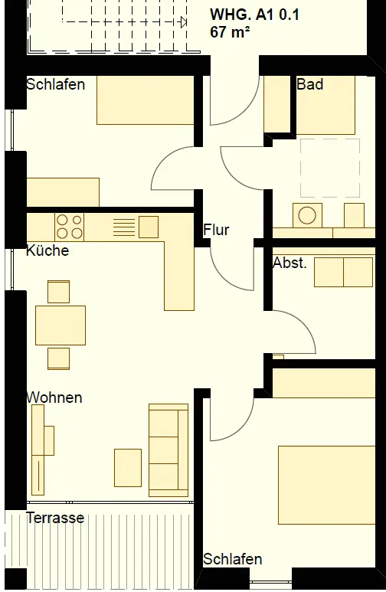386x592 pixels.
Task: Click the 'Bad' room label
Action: tap(309, 83)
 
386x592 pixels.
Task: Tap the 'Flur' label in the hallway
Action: tap(216, 230)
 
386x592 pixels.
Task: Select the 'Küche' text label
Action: tap(47, 250)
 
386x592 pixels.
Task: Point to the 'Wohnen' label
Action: tap(54, 397)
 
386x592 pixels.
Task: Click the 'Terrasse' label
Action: tap(55, 517)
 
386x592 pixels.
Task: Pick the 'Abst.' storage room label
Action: tap(289, 263)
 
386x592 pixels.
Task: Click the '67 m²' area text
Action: tap(230, 31)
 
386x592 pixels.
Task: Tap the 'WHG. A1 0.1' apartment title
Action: tap(254, 15)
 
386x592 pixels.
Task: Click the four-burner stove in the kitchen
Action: tap(69, 227)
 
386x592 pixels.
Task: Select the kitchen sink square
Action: tap(149, 227)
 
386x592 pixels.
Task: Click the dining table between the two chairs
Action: tap(61, 325)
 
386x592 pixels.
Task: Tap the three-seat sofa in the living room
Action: tap(168, 450)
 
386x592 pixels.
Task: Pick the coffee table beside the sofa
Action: tap(128, 468)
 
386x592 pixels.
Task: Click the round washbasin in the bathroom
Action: tap(307, 215)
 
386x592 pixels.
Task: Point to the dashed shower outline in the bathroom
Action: tap(330, 168)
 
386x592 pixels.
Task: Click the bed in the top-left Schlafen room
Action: tap(146, 100)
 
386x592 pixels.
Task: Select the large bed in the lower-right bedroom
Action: tap(327, 485)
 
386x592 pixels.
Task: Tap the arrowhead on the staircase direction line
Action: tap(184, 22)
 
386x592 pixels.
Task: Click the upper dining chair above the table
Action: tap(58, 292)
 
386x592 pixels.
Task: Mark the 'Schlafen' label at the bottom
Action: tap(233, 559)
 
